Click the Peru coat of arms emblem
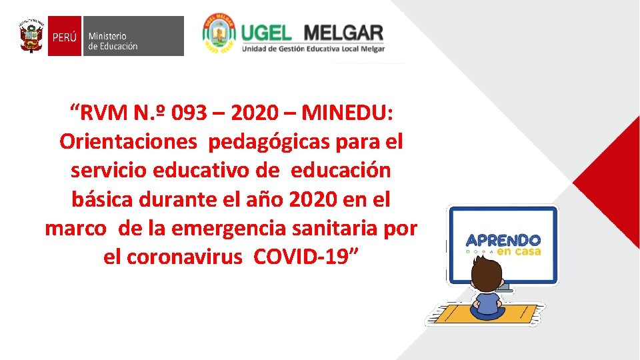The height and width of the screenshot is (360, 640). click(31, 36)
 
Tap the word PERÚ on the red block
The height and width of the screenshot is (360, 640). click(65, 37)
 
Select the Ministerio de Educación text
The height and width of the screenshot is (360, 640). click(113, 41)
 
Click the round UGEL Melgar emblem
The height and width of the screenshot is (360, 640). click(219, 35)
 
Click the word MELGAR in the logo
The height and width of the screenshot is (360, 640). click(343, 32)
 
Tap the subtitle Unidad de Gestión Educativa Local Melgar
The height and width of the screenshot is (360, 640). click(313, 49)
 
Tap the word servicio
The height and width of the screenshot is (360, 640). click(109, 171)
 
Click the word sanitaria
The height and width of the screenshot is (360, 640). click(349, 228)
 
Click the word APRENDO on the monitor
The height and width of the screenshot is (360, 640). click(503, 241)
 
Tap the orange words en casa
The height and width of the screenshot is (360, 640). click(518, 252)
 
